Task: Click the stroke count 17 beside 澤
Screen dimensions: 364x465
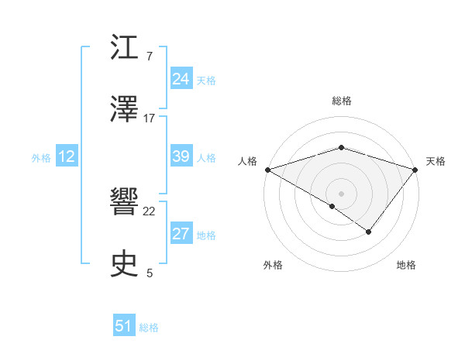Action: pyautogui.click(x=150, y=118)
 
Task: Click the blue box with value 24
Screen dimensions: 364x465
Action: pyautogui.click(x=181, y=78)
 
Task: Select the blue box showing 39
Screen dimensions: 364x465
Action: pyautogui.click(x=181, y=156)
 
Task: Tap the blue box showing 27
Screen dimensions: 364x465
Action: pyautogui.click(x=181, y=234)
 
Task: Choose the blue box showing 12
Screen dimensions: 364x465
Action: pyautogui.click(x=67, y=156)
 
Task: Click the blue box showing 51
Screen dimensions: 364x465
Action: pyautogui.click(x=124, y=326)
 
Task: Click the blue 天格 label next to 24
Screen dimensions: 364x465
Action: pyautogui.click(x=205, y=80)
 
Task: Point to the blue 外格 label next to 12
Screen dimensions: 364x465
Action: pyautogui.click(x=41, y=158)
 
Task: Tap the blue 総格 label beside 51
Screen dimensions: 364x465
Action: pyautogui.click(x=149, y=328)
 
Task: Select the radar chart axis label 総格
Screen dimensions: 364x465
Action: pyautogui.click(x=342, y=101)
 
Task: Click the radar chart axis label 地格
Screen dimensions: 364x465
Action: pyautogui.click(x=406, y=265)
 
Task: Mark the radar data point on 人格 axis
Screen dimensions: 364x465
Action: pyautogui.click(x=267, y=170)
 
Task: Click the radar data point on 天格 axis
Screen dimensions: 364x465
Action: pyautogui.click(x=415, y=170)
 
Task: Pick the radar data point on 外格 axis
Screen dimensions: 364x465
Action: pyautogui.click(x=332, y=206)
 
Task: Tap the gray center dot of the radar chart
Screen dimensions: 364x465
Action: pyautogui.click(x=342, y=193)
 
